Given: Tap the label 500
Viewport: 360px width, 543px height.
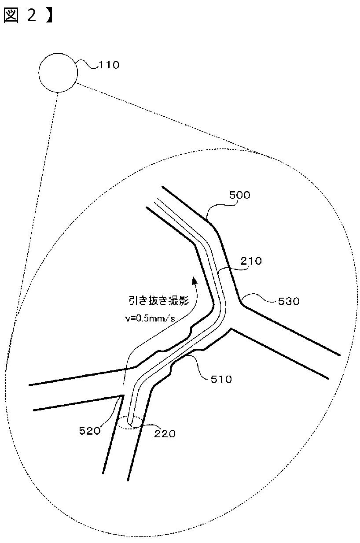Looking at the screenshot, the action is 239,195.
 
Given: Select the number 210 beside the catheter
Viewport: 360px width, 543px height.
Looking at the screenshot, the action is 250,261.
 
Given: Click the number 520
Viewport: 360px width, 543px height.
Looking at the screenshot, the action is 90,430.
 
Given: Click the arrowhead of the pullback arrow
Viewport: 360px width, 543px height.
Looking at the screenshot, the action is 193,280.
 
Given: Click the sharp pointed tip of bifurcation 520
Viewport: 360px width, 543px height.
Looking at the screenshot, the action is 122,395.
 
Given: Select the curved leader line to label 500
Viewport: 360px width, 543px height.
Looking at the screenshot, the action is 218,203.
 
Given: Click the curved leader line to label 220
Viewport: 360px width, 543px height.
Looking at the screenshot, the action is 148,426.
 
